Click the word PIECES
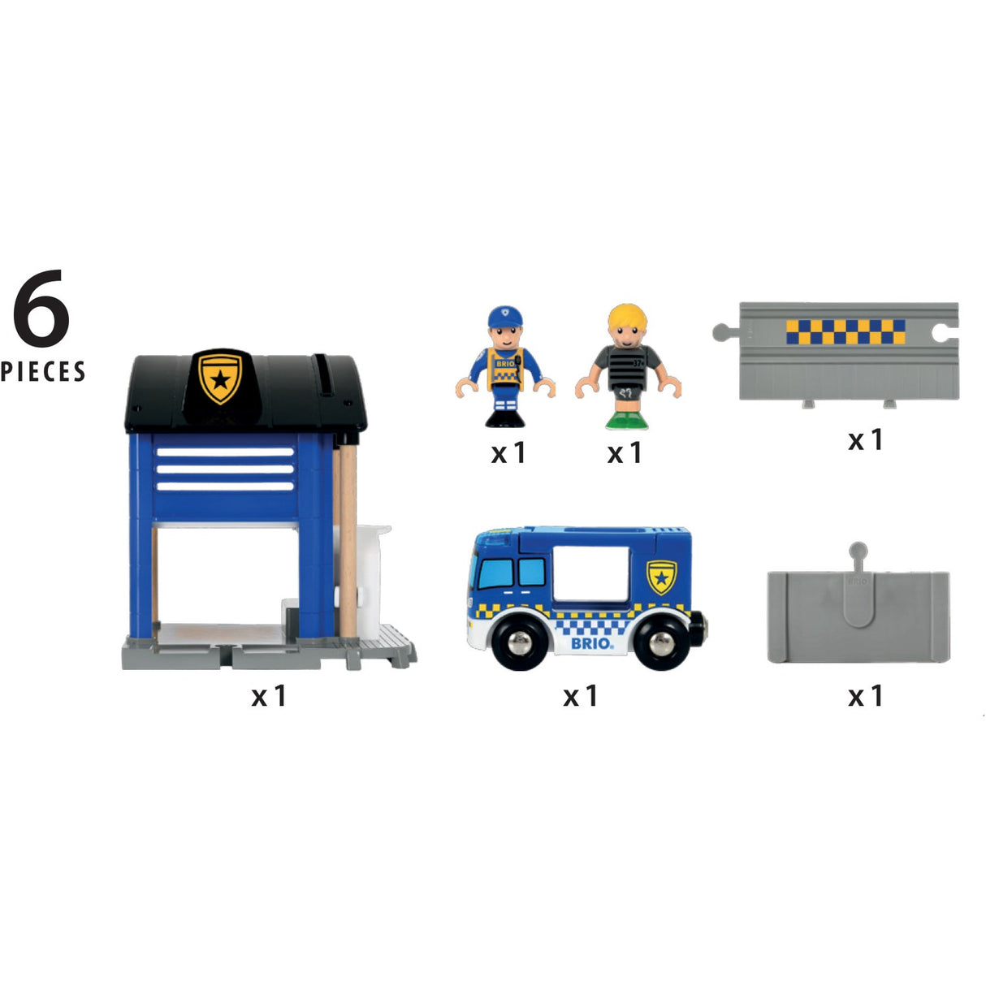coord(43,372)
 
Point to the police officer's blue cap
coord(504,316)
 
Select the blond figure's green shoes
coord(627,420)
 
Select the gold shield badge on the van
coord(662,577)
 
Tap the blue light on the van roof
coord(492,537)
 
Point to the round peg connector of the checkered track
coord(720,331)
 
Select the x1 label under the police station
coord(269,696)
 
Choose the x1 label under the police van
coord(581,696)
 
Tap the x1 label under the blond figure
coord(625,453)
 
